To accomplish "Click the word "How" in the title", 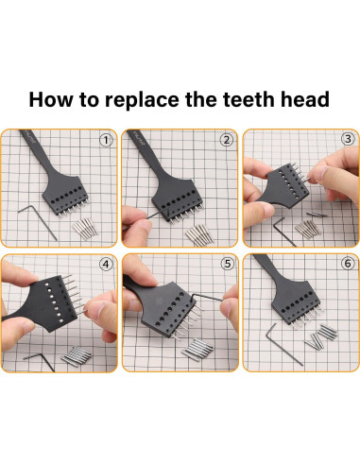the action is [x=51, y=99].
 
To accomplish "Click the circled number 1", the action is [x=106, y=140].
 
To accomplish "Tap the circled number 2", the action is [x=227, y=140].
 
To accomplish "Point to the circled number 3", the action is [x=348, y=139].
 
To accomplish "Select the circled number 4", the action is [x=106, y=264].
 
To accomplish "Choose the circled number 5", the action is [x=228, y=264].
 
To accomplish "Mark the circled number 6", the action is [x=348, y=264].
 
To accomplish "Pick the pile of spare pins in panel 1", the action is [x=85, y=228].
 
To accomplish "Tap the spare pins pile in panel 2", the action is [x=199, y=234].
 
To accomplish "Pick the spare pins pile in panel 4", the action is [x=76, y=356].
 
